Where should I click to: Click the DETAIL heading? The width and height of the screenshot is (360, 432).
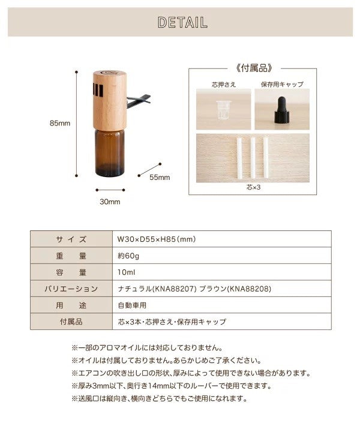pos(182,22)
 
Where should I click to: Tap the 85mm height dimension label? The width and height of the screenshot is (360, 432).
pos(60,123)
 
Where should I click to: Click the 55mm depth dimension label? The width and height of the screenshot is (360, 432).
pos(160,178)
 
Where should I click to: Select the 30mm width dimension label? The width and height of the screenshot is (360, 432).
pos(110,202)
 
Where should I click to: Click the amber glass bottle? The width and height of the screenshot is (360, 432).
pos(110,152)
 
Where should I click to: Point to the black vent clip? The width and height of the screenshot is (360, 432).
pos(139,101)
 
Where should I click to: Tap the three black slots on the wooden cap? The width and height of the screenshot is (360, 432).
pos(98,90)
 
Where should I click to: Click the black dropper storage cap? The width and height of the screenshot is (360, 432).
pos(282,110)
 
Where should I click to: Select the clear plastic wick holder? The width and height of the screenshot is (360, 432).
pos(223,110)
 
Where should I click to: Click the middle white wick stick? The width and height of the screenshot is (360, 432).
pos(253,158)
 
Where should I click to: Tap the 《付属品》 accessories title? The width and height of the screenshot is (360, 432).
pos(254,68)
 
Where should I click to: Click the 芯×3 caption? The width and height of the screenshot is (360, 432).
pos(253,187)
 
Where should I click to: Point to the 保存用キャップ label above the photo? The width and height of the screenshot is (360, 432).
pos(282,85)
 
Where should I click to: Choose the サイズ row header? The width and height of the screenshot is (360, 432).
pos(71,239)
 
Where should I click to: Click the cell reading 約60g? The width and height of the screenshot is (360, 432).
pos(128,256)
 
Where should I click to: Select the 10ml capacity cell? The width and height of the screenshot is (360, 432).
pos(126,272)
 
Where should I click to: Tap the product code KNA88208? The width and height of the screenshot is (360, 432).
pos(250,289)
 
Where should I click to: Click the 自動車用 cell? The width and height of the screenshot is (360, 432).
pos(132,305)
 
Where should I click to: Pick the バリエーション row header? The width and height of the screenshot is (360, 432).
pos(71,289)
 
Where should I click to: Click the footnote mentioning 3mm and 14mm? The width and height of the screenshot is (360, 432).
pos(172,386)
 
